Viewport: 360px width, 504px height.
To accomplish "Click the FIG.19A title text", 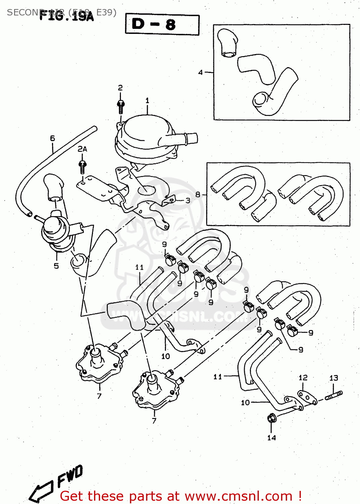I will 66,16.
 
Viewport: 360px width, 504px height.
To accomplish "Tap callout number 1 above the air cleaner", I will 147,100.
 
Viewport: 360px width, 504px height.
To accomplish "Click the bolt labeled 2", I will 121,106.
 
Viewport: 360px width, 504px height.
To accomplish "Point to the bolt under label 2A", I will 82,167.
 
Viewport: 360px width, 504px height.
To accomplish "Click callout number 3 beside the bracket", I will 188,201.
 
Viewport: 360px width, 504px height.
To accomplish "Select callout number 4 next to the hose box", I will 200,72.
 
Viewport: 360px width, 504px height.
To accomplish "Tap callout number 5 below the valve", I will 56,266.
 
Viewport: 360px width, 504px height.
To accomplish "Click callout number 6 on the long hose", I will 52,138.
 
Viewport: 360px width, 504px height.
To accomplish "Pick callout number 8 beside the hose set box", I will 198,194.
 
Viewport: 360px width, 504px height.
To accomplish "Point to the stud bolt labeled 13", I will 333,395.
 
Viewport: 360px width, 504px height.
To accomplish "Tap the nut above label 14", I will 271,419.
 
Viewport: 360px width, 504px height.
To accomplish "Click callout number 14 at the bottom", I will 271,437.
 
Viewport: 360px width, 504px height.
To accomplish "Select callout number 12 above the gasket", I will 303,378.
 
